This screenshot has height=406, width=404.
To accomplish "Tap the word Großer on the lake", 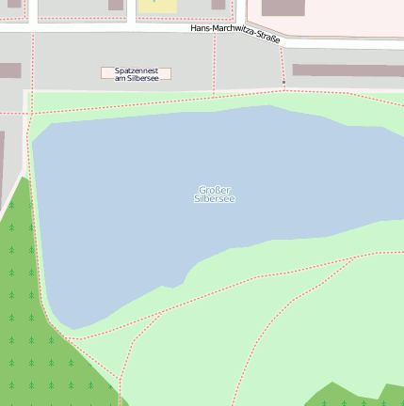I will [215, 190].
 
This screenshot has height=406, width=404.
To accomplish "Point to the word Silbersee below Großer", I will [215, 199].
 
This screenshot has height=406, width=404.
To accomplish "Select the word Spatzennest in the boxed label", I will [136, 70].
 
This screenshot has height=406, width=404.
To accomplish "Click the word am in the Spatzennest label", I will [120, 78].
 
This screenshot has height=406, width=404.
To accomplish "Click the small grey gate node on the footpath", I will [283, 83].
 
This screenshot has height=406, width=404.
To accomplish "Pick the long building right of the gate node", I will [347, 70].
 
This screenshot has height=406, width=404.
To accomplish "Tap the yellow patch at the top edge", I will [157, 6].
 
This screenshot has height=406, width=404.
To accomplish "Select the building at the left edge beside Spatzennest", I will [9, 70].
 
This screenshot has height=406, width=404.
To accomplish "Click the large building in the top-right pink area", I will [283, 8].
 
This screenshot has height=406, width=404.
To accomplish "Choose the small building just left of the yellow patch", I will [116, 5].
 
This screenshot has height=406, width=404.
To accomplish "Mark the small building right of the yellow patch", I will [218, 5].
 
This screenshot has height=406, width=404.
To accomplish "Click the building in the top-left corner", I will [13, 4].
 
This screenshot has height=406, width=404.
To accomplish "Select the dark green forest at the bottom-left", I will [38, 348].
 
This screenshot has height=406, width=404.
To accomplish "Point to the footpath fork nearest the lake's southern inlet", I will [162, 312].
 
